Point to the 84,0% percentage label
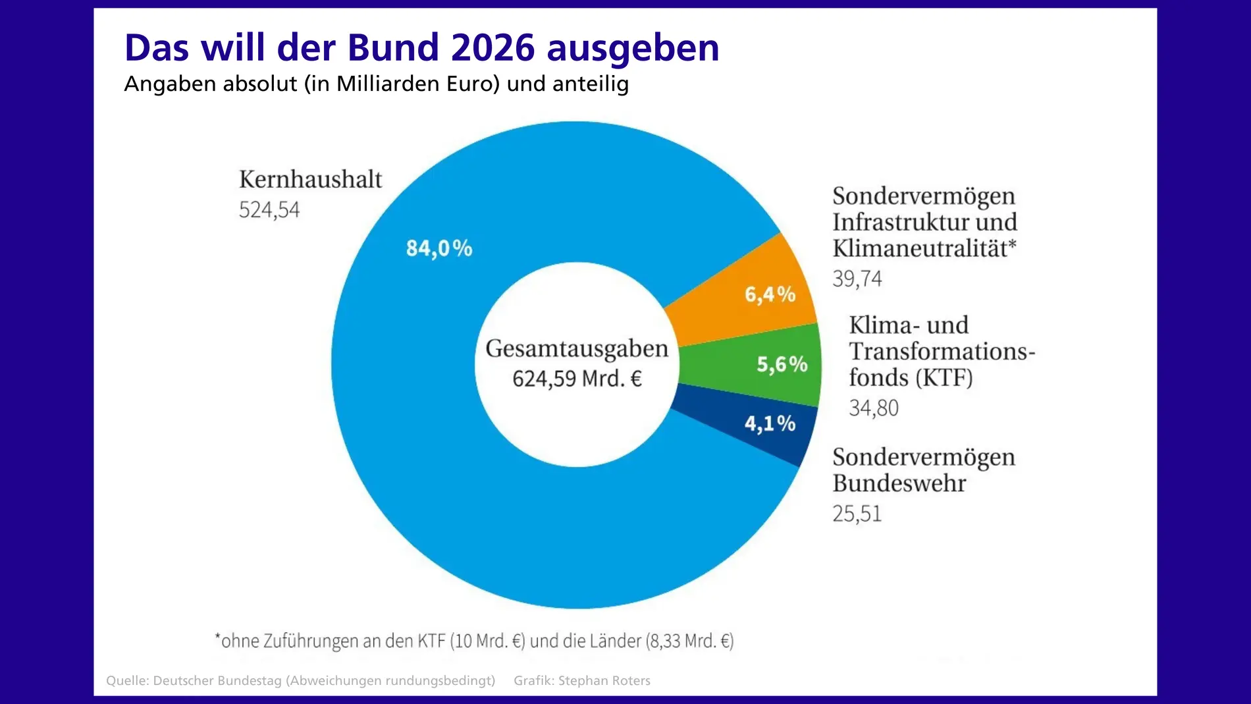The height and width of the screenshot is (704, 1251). click(x=439, y=248)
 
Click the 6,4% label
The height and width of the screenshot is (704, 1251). click(x=770, y=294)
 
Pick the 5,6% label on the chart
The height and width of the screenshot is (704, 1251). click(x=782, y=364)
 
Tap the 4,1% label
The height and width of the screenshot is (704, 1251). click(x=770, y=423)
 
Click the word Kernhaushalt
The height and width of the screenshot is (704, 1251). click(x=310, y=179)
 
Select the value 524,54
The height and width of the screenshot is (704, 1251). click(x=269, y=210)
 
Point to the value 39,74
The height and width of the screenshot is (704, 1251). click(x=857, y=279)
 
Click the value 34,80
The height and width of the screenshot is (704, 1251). click(x=873, y=408)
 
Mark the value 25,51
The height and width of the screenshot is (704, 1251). click(x=857, y=514)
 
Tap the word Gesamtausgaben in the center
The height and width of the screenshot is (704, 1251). click(x=577, y=348)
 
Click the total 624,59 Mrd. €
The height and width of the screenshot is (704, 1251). click(x=577, y=379)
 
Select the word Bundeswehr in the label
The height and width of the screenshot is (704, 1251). click(x=899, y=483)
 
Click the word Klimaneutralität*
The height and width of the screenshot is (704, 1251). click(x=924, y=248)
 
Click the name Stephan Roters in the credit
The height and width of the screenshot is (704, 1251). click(x=604, y=681)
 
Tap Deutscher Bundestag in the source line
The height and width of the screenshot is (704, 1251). click(x=217, y=681)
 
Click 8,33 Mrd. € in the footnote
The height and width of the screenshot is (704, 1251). click(x=689, y=641)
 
